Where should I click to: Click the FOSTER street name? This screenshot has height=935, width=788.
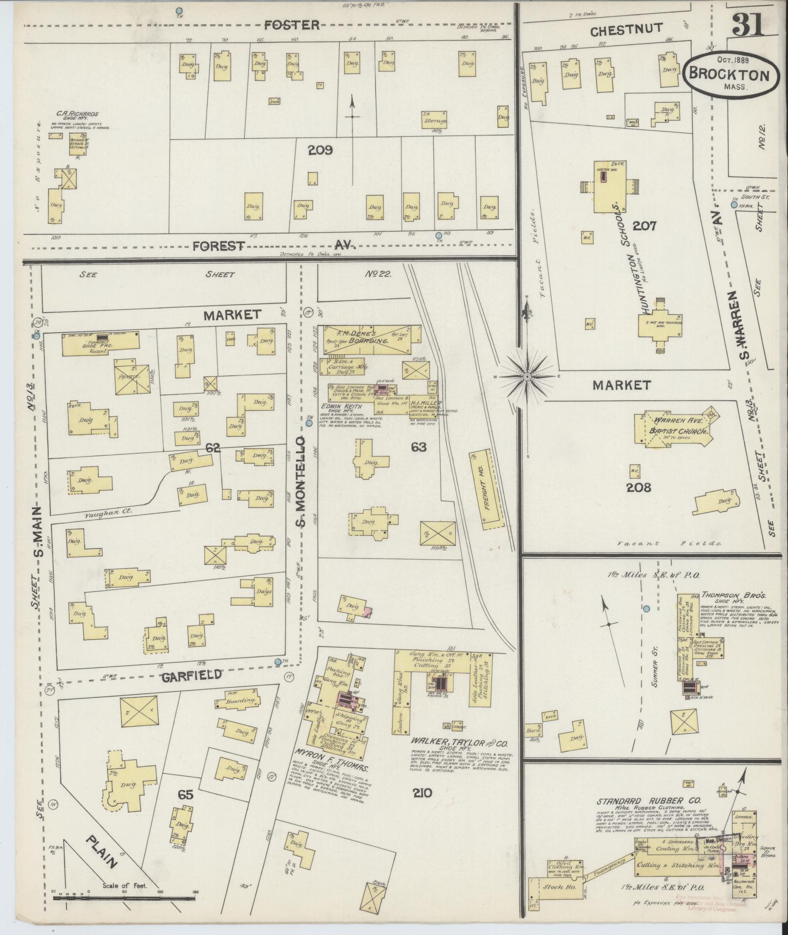[292, 25]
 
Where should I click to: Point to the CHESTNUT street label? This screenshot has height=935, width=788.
[626, 31]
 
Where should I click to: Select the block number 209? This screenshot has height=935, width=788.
[320, 150]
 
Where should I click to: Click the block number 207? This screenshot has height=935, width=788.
[644, 225]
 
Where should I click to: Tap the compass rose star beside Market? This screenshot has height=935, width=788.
[528, 377]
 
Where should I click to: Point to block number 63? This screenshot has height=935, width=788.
[419, 447]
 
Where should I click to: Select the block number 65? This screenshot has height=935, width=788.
[186, 795]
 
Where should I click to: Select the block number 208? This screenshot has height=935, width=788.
[639, 487]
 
